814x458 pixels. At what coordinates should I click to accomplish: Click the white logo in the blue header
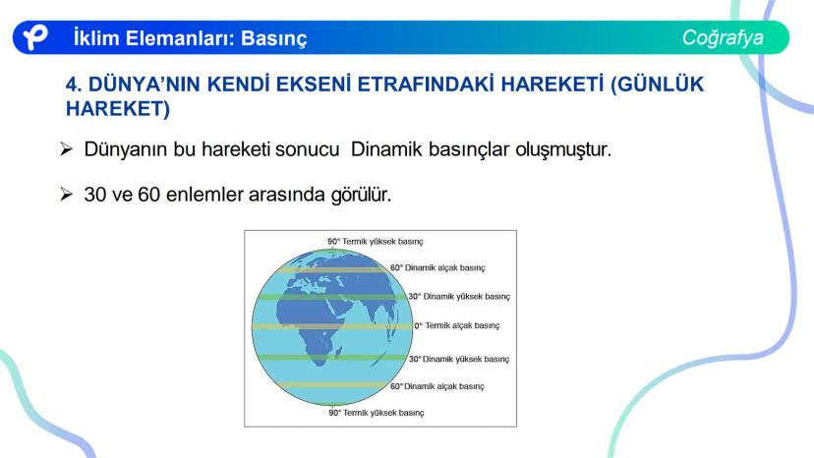[x=35, y=37]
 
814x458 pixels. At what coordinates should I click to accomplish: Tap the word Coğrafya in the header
[x=723, y=38]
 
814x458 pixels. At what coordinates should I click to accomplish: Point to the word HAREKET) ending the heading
[x=118, y=108]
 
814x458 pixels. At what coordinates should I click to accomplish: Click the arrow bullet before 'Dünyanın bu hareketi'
[x=66, y=149]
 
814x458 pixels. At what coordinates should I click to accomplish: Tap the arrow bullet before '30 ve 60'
[x=66, y=195]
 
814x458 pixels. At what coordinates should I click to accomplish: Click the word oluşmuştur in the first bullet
[x=563, y=150]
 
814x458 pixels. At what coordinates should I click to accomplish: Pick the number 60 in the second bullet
[x=149, y=195]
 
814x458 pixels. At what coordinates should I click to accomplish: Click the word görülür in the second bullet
[x=362, y=196]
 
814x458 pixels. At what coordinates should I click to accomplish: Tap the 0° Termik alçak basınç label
[x=457, y=325]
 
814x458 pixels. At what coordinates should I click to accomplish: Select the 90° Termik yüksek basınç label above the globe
[x=376, y=242]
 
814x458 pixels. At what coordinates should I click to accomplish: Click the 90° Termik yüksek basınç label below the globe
[x=377, y=413]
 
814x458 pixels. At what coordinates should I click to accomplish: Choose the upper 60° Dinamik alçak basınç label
[x=437, y=268]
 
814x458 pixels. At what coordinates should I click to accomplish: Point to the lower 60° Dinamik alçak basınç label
[x=437, y=386]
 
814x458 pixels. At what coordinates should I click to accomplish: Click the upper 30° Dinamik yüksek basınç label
[x=459, y=297]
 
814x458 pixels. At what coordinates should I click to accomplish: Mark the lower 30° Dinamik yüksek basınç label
[x=459, y=360]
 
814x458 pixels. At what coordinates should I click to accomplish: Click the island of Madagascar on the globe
[x=339, y=353]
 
